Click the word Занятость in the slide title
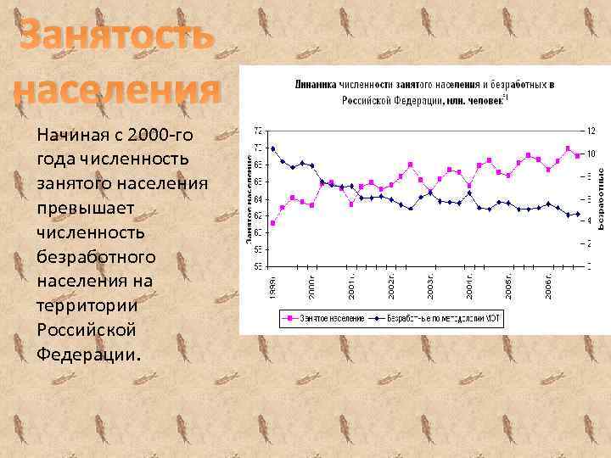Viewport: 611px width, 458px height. pos(117,38)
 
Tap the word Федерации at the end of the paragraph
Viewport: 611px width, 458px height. pos(86,352)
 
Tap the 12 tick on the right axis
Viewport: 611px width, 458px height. pos(592,131)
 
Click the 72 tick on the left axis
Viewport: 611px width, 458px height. pos(258,131)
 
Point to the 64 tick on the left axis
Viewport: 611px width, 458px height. pos(258,198)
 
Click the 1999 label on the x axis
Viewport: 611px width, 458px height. pos(272,284)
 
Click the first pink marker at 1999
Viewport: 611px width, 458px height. pos(272,223)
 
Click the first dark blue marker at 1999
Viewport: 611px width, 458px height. pos(272,148)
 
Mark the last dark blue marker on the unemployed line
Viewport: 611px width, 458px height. pos(578,214)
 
